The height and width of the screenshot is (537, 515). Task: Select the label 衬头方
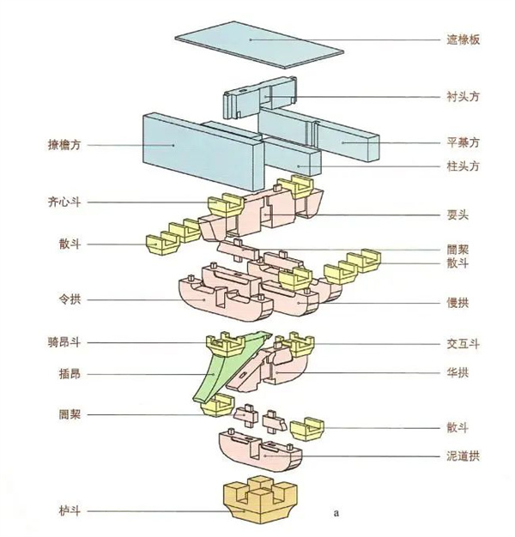(x=462, y=98)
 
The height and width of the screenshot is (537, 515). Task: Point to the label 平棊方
(x=462, y=142)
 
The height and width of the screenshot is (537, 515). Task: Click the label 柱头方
(x=462, y=165)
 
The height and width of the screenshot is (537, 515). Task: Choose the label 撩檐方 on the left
(x=64, y=145)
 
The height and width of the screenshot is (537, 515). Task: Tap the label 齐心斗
(x=64, y=203)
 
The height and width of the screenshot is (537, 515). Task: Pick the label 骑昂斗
(x=64, y=342)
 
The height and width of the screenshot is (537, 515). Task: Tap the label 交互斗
(x=462, y=343)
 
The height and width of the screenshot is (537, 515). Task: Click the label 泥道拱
(x=462, y=456)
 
